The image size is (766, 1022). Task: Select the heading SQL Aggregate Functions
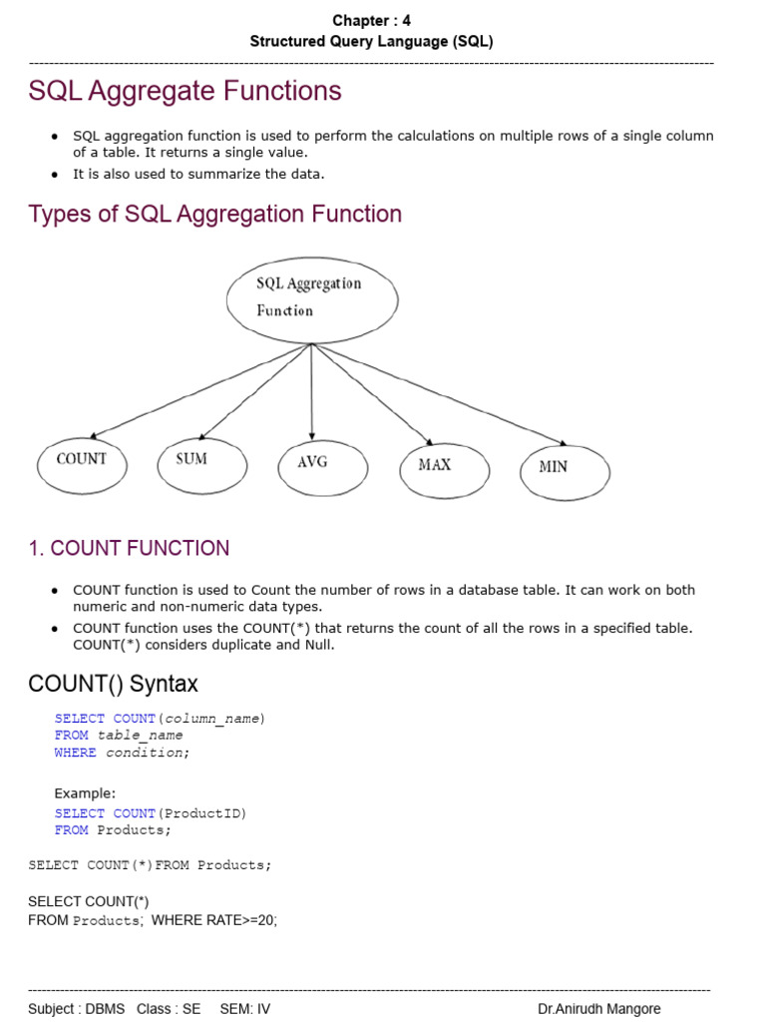pos(185,91)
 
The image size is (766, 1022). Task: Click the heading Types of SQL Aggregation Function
pos(214,214)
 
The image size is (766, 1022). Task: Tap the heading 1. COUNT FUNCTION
pos(129,548)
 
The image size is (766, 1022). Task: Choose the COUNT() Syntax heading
pos(113,684)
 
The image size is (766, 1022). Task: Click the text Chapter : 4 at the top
pos(371,20)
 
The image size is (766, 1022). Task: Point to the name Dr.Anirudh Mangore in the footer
pos(598,1009)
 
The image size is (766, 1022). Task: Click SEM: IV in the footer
pos(245,1009)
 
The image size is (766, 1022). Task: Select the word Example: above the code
pos(85,793)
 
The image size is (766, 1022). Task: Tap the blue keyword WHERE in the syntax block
pos(76,753)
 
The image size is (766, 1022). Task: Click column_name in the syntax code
pos(213,718)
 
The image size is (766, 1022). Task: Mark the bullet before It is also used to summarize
pos(55,174)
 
